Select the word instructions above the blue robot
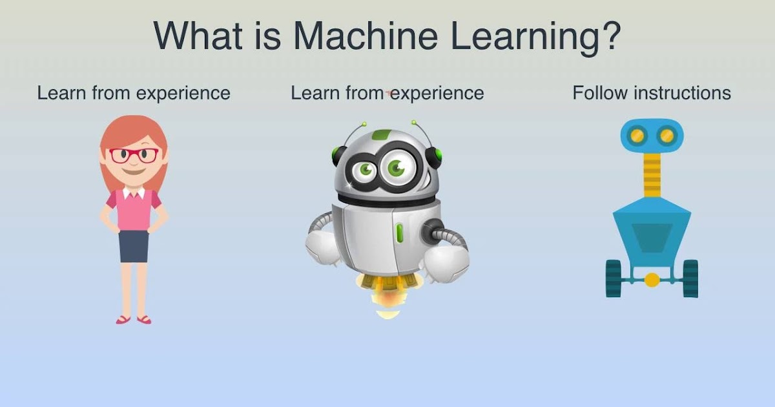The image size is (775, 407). click(x=682, y=93)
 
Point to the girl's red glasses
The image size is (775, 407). click(x=134, y=155)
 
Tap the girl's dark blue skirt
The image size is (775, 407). click(x=134, y=245)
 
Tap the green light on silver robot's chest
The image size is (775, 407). click(x=400, y=232)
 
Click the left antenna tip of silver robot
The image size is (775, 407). click(x=364, y=123)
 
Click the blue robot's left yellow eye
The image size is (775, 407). click(x=637, y=136)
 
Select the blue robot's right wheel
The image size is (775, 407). click(x=690, y=278)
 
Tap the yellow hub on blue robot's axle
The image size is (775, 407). click(x=652, y=280)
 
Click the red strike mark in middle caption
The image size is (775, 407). click(x=389, y=94)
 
